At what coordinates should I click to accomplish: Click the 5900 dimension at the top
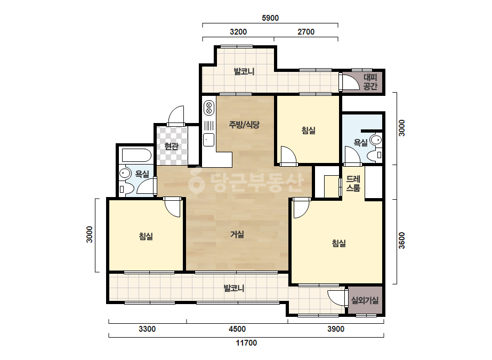pos(270,18)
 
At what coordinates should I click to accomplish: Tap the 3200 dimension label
pos(238,31)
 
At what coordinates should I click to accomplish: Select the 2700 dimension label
pos(306,31)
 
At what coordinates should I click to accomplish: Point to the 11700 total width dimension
pos(246,343)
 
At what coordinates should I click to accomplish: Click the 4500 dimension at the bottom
pos(237,329)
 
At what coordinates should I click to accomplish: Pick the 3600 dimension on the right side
pos(402,241)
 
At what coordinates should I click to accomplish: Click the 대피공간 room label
pos(370,81)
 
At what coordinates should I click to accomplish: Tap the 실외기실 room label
pos(365,300)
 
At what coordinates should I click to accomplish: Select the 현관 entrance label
pos(171,146)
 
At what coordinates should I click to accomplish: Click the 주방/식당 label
pos(244,125)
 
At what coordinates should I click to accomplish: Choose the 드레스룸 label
pos(353,183)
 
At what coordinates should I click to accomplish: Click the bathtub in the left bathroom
pos(136,156)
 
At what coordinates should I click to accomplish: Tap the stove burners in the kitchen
pos(208,107)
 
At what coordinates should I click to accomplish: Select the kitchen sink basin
pos(208,140)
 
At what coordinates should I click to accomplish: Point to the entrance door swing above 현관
pos(176,116)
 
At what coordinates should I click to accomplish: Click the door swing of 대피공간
pos(350,82)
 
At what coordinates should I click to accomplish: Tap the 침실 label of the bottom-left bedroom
pos(146,236)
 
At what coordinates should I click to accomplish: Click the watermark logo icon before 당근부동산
pos(196,181)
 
